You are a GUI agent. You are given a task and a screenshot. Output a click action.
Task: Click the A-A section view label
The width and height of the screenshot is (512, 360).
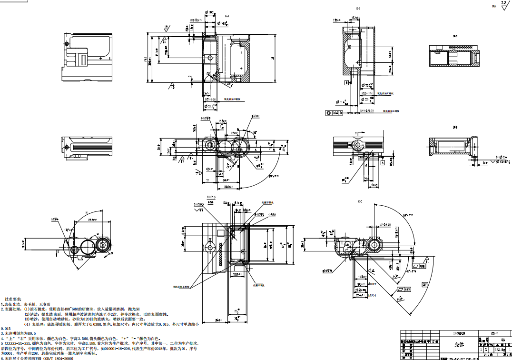pos(226,16)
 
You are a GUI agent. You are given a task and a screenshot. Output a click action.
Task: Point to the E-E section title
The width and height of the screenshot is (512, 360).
pos(358,9)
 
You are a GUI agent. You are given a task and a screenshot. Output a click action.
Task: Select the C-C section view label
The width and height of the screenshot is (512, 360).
pos(360,202)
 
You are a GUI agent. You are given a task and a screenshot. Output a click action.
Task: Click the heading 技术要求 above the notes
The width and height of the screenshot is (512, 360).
pos(12,298)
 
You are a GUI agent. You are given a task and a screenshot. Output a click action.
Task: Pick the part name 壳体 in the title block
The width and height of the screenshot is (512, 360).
pos(459,344)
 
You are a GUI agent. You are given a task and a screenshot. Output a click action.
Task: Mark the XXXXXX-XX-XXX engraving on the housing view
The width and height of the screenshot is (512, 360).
pos(220,254)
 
